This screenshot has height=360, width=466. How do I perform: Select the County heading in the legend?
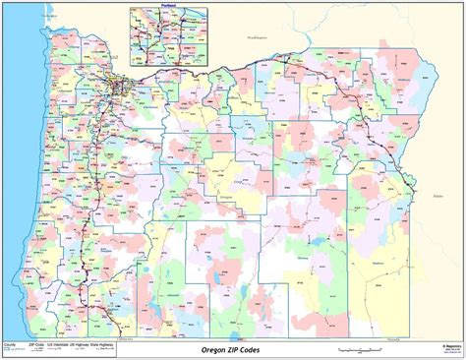11,345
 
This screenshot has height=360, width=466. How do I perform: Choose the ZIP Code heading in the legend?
34,345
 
